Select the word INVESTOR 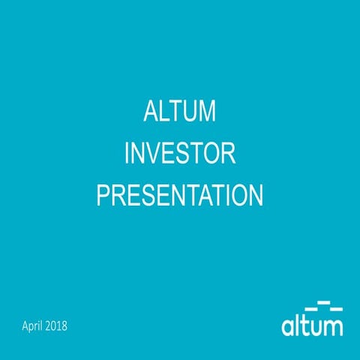[x=180, y=155]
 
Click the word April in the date [x=36, y=326]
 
